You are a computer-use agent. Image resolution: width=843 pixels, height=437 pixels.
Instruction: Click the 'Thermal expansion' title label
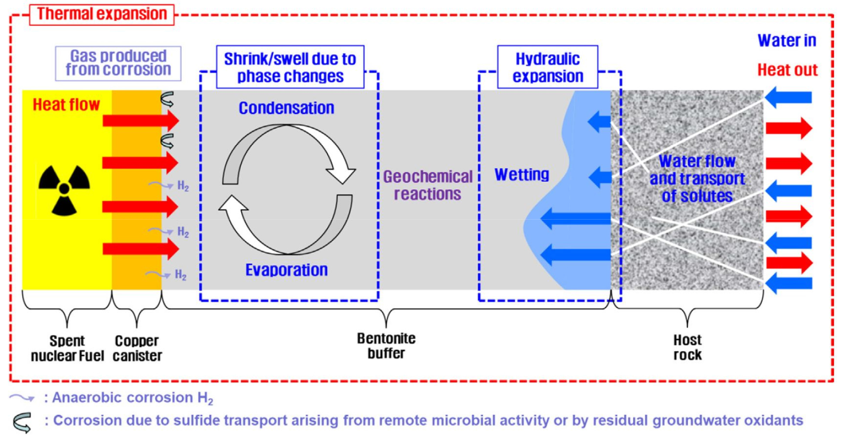(x=102, y=14)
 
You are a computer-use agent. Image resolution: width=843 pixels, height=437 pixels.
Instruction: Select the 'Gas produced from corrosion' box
(x=118, y=63)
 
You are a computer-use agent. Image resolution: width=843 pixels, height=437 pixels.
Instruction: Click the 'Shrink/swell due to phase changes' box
(x=290, y=67)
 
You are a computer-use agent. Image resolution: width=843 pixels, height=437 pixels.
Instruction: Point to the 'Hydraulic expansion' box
(x=548, y=67)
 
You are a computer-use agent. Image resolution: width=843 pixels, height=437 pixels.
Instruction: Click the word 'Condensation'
(x=286, y=108)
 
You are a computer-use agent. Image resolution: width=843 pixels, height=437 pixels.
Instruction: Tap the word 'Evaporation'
(x=286, y=270)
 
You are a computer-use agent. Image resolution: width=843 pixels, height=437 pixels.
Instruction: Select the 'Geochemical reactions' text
(x=428, y=185)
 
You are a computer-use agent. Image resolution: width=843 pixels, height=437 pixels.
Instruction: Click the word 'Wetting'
(x=522, y=174)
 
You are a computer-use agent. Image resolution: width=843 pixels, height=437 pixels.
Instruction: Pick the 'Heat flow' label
(x=66, y=105)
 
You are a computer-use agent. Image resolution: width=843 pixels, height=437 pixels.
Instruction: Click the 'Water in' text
(x=787, y=40)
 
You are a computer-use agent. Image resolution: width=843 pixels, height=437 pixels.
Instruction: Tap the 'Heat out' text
(x=787, y=70)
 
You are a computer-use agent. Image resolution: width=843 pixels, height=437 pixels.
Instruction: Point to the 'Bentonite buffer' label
(x=386, y=346)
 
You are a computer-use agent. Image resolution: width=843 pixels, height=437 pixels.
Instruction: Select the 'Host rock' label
(x=687, y=347)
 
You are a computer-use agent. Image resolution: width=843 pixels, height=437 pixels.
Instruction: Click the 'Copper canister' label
(x=137, y=348)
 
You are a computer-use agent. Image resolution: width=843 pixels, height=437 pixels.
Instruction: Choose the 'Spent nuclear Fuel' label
(x=67, y=348)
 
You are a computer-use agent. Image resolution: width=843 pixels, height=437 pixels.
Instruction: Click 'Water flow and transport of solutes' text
(x=697, y=179)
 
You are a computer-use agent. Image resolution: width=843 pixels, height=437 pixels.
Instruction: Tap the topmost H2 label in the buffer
(x=183, y=186)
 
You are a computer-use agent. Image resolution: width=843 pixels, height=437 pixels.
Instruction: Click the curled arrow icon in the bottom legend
(x=22, y=422)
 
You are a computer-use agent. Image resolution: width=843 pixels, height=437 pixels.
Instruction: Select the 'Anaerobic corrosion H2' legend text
(x=133, y=398)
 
